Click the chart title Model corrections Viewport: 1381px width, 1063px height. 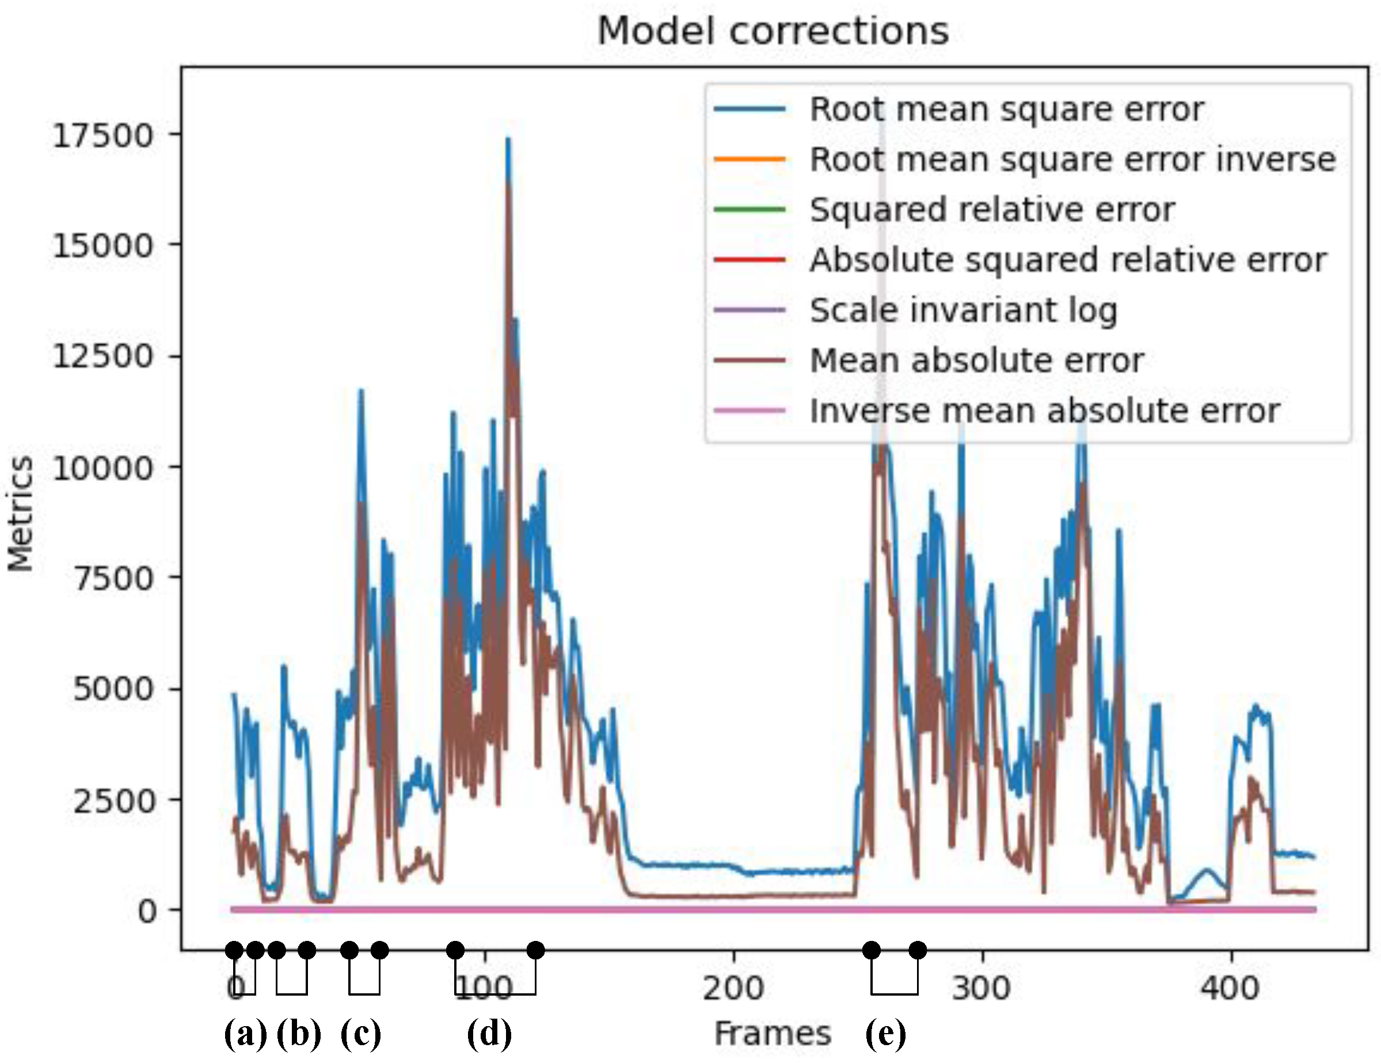click(773, 31)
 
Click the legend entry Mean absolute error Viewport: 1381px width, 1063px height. click(977, 360)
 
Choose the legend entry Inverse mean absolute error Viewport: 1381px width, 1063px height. click(1045, 411)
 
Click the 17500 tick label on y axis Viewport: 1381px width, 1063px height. click(102, 135)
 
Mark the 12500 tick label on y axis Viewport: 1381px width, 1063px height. click(102, 356)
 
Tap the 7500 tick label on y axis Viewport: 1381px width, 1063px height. click(113, 578)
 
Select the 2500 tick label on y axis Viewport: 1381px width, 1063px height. click(113, 800)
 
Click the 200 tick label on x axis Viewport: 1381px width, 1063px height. click(733, 988)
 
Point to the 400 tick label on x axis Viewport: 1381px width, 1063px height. click(1230, 988)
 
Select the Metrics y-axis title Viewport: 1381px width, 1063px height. click(20, 514)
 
